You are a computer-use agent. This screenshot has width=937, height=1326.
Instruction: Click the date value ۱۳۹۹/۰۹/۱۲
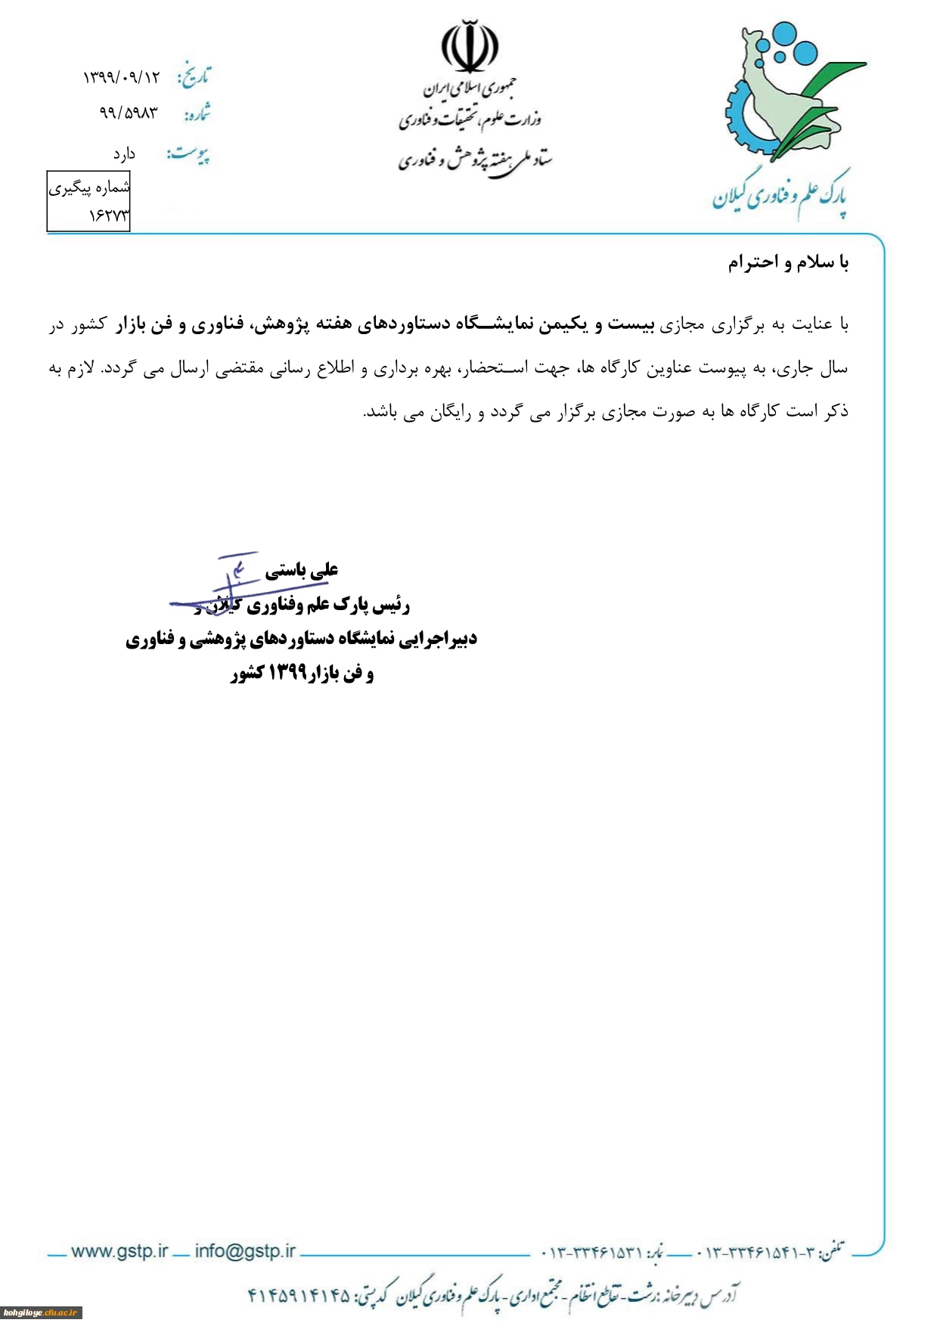[121, 77]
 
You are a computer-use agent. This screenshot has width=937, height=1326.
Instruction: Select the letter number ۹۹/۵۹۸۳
[129, 113]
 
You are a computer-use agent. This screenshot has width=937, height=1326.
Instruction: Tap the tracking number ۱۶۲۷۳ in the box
[109, 215]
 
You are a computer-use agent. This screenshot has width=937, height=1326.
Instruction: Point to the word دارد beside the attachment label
[124, 154]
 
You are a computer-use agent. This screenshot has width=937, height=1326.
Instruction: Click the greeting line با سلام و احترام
[788, 263]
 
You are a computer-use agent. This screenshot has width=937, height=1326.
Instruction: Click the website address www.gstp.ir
[119, 1251]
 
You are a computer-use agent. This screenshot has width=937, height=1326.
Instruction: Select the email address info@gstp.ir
[245, 1251]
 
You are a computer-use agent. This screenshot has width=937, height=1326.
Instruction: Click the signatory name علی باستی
[301, 571]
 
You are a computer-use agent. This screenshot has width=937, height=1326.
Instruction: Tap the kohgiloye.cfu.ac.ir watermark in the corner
[41, 1313]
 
